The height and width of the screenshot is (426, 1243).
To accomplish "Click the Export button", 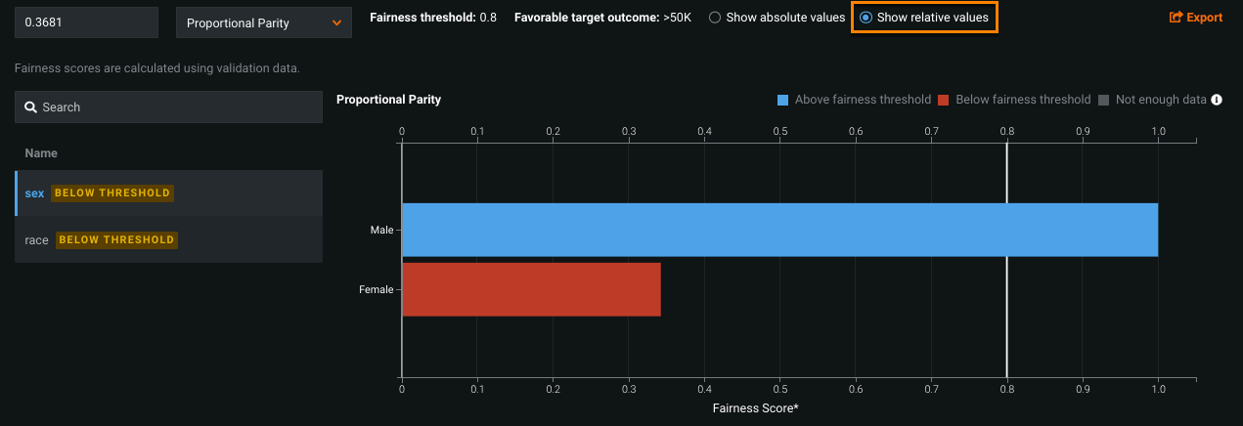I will [1196, 18].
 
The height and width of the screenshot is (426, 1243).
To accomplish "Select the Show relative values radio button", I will [866, 18].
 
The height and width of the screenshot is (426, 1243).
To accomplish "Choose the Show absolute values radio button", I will [715, 18].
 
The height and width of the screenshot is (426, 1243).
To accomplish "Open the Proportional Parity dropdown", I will [263, 22].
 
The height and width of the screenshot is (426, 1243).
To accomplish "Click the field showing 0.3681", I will [86, 22].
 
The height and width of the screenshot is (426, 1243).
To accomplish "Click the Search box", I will [168, 107].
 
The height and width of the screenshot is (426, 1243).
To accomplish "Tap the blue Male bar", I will [779, 230].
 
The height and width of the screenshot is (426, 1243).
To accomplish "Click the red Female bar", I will [531, 289].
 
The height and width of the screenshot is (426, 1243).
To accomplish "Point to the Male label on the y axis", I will [381, 230].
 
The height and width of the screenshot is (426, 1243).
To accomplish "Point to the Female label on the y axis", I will [377, 289].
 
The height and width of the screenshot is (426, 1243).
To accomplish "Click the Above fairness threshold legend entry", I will [855, 100].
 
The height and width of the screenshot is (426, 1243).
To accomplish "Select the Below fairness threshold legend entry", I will [1014, 100].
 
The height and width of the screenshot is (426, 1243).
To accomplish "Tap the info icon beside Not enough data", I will [1217, 100].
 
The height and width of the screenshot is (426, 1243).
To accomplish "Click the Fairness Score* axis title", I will [756, 407].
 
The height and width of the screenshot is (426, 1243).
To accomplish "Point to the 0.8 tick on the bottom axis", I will [1006, 389].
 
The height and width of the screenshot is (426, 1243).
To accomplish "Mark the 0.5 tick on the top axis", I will [779, 130].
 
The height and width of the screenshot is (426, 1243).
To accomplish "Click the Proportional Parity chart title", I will [388, 100].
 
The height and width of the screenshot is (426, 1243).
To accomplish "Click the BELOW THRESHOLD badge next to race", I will [116, 239].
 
